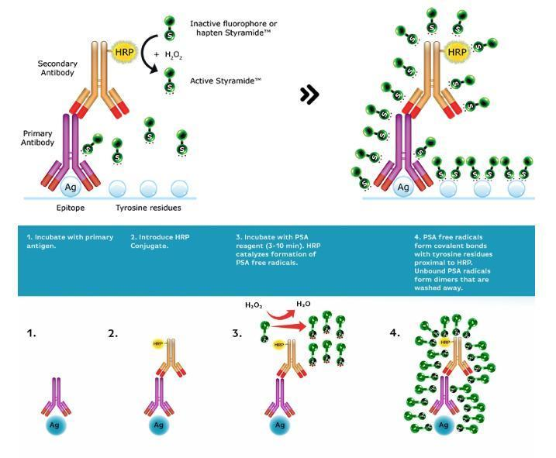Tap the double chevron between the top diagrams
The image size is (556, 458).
pyautogui.click(x=309, y=95)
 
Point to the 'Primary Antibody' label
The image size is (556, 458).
pyautogui.click(x=37, y=137)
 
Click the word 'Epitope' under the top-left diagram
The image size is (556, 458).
pyautogui.click(x=70, y=208)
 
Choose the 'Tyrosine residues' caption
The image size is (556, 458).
pyautogui.click(x=150, y=208)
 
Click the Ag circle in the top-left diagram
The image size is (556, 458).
pyautogui.click(x=70, y=187)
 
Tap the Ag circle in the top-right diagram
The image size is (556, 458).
pyautogui.click(x=403, y=187)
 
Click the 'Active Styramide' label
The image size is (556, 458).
pyautogui.click(x=226, y=80)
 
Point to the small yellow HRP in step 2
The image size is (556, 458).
pyautogui.click(x=158, y=343)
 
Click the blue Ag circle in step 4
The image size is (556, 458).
pyautogui.click(x=444, y=425)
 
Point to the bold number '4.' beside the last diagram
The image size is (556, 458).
pyautogui.click(x=395, y=333)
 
